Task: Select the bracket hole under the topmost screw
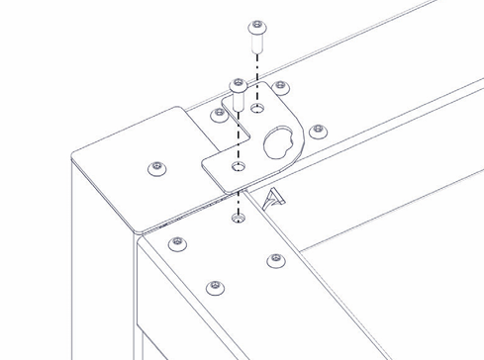(257, 106)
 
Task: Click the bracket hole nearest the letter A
(237, 168)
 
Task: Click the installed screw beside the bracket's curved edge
(317, 130)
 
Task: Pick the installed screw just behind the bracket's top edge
(280, 87)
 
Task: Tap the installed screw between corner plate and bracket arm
(218, 116)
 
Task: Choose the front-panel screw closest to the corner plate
(176, 242)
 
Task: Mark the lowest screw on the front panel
(212, 287)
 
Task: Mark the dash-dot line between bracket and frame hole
(238, 193)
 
